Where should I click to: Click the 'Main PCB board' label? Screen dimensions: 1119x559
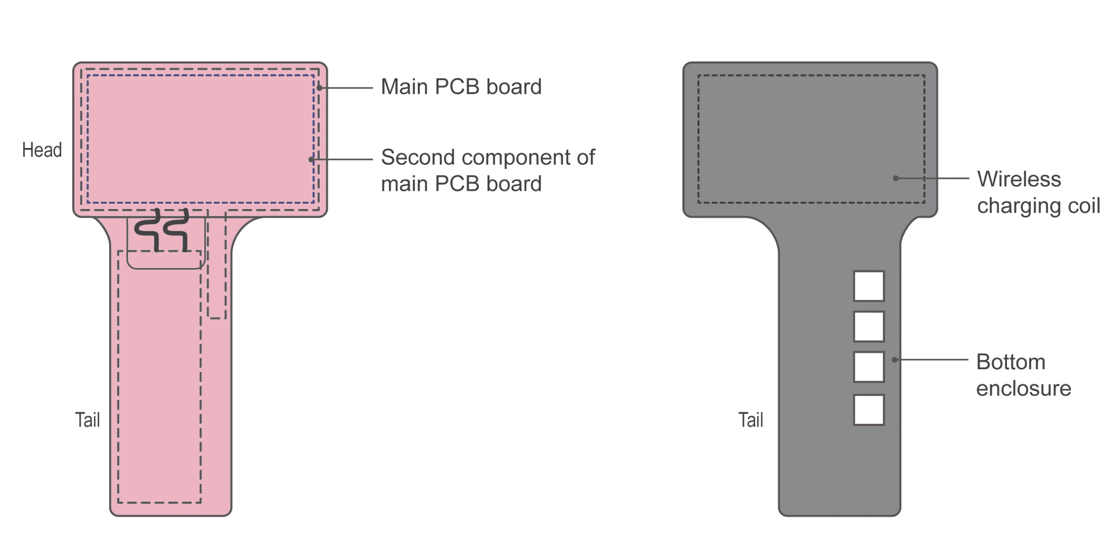[461, 87]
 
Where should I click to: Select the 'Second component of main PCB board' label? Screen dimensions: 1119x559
[488, 170]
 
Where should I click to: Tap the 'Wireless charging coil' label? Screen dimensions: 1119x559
[1038, 192]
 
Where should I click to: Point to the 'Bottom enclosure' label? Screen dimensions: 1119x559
[1023, 375]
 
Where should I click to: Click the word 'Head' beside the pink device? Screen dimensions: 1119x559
[42, 150]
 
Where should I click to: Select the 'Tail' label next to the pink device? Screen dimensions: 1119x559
[88, 420]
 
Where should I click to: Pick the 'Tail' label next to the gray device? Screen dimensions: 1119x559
[750, 420]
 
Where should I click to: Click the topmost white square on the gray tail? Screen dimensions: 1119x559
[868, 286]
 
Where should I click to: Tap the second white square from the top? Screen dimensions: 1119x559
[868, 326]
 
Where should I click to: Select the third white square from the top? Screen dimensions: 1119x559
[868, 367]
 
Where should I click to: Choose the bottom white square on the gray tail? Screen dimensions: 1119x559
[868, 410]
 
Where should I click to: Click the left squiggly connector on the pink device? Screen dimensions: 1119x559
[148, 230]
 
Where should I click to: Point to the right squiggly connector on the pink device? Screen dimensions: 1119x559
[176, 230]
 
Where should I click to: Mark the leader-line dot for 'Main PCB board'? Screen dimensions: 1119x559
[320, 88]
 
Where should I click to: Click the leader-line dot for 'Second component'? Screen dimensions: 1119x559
[312, 159]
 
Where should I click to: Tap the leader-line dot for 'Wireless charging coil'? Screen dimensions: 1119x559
[896, 178]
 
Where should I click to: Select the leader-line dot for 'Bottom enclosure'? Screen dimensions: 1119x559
[894, 360]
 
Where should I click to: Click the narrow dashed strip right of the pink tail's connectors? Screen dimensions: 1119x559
[216, 267]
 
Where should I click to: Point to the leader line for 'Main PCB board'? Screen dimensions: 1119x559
[347, 88]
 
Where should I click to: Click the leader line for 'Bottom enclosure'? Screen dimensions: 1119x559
[932, 360]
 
